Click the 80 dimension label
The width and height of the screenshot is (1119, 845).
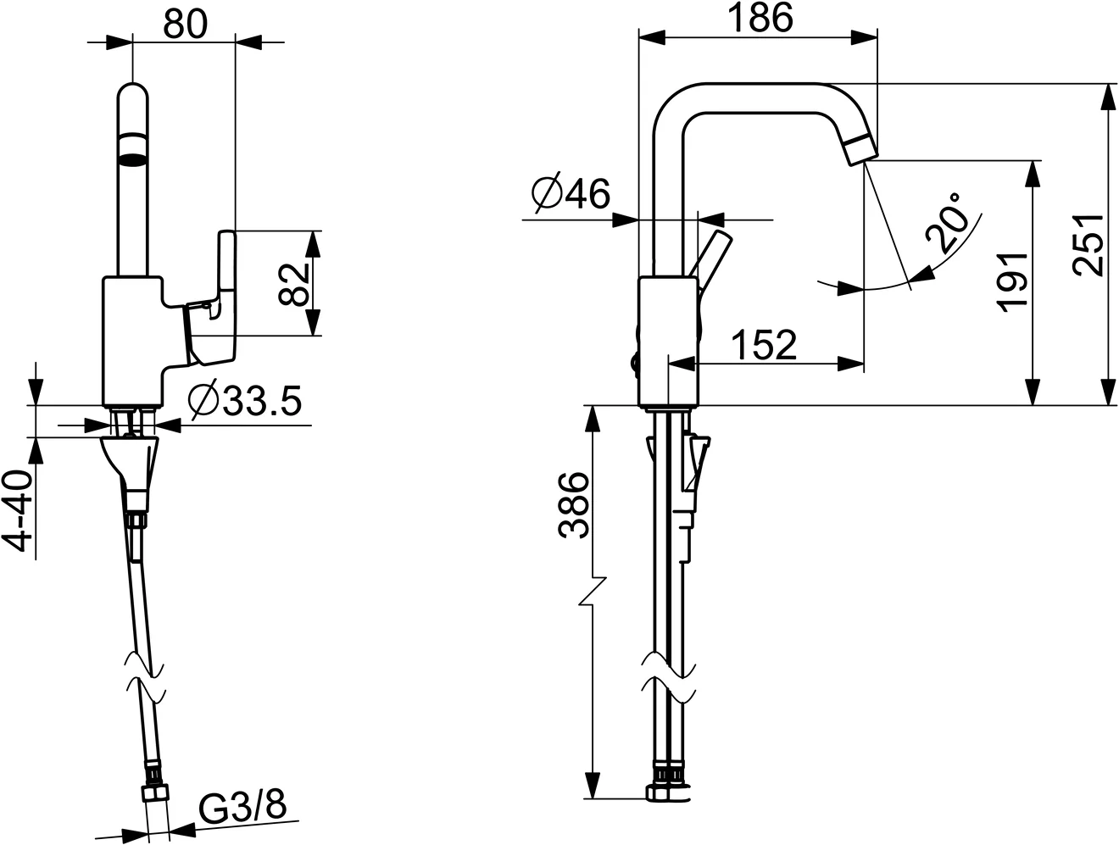point(185,24)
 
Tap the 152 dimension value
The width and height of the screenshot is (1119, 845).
point(763,345)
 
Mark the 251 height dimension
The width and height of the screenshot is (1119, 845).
point(1088,244)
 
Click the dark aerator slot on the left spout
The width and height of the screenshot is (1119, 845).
point(134,156)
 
